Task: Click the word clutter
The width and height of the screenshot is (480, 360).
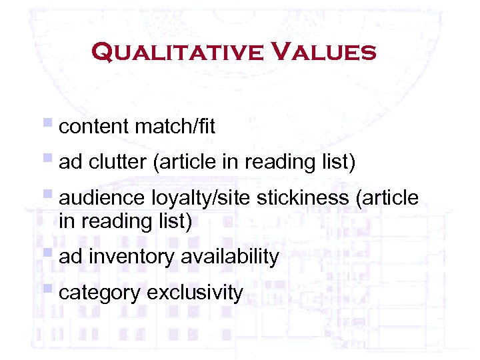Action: point(116,162)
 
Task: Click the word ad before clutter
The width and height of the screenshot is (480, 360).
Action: point(70,162)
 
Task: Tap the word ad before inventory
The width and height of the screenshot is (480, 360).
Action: point(70,257)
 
